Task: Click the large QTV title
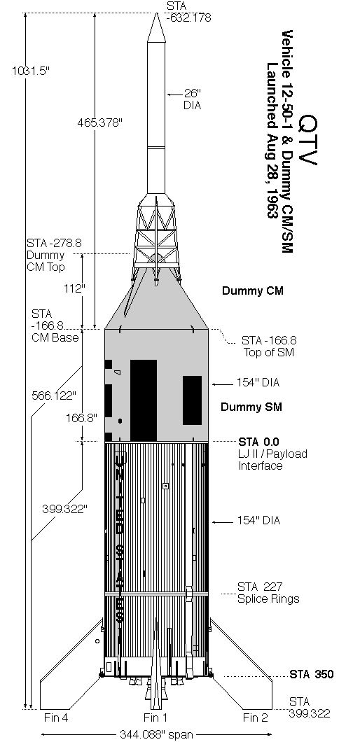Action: click(x=308, y=139)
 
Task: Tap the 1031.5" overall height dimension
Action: click(x=31, y=71)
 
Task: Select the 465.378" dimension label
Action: click(x=100, y=122)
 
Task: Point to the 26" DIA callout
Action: click(x=193, y=99)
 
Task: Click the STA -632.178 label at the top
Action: click(x=188, y=13)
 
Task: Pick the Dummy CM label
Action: click(x=253, y=290)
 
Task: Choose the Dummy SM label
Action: click(x=251, y=407)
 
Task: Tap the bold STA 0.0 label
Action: click(x=258, y=442)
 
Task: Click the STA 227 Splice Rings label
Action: click(x=268, y=593)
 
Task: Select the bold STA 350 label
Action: click(x=311, y=674)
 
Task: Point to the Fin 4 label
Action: click(x=56, y=717)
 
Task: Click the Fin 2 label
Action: click(x=256, y=717)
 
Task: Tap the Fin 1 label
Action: click(x=155, y=717)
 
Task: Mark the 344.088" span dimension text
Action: click(x=156, y=734)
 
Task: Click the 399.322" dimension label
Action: click(x=65, y=509)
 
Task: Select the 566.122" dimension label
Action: click(x=53, y=395)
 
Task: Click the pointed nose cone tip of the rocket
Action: click(x=156, y=13)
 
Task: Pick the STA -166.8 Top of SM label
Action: click(x=269, y=346)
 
